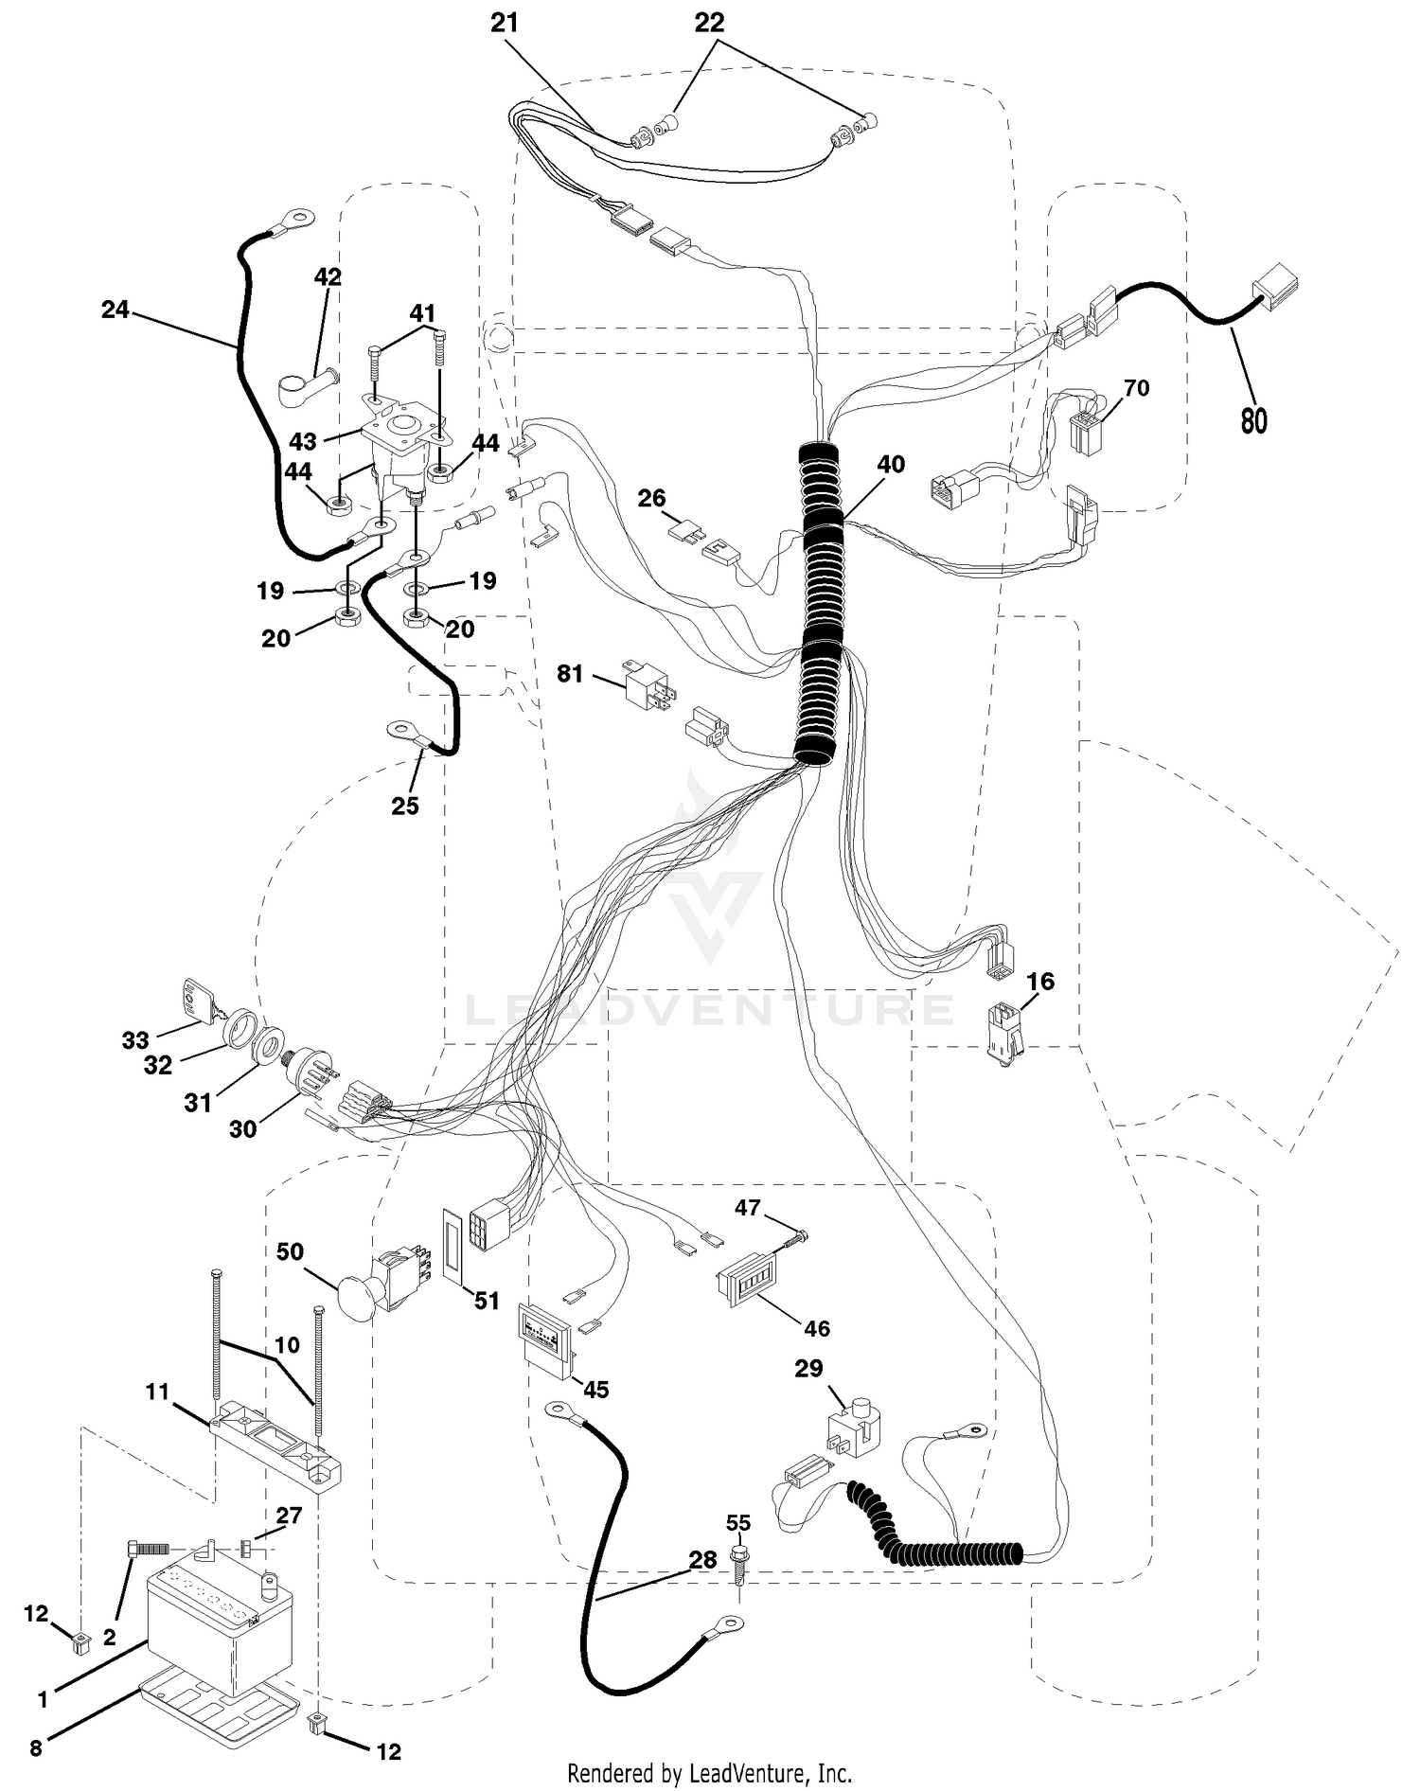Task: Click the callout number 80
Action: point(1253,418)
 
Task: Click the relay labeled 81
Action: point(648,683)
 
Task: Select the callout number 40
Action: point(891,464)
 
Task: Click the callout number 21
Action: point(505,23)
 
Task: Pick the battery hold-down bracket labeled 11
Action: point(275,1444)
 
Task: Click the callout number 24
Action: point(115,309)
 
